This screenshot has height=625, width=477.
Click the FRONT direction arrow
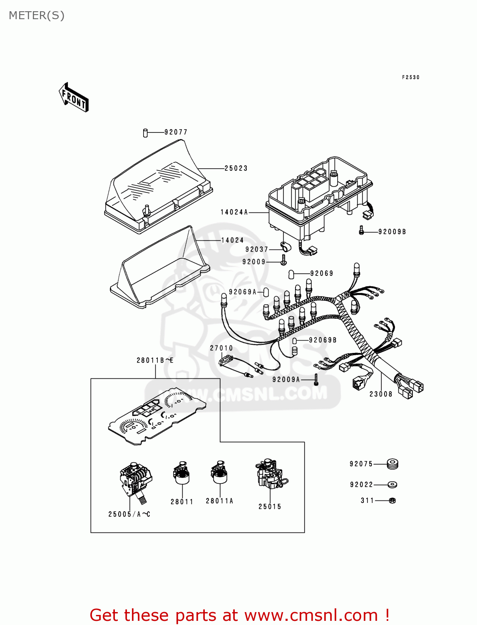(74, 97)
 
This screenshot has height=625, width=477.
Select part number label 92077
(176, 132)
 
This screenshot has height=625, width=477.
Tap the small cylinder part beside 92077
(145, 133)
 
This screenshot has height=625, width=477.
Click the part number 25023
(236, 168)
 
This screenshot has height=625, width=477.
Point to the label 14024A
(234, 212)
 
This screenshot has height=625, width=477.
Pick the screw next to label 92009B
(361, 230)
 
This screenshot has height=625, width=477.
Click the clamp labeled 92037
(286, 247)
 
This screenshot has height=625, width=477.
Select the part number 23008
(381, 394)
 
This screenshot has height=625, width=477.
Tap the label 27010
(221, 348)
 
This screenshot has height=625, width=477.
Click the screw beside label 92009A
(316, 379)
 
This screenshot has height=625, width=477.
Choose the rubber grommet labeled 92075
(392, 464)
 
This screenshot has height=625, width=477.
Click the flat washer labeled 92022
(392, 485)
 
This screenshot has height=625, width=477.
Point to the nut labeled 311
(392, 500)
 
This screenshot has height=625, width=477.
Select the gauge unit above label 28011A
(219, 473)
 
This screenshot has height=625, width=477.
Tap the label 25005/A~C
(129, 514)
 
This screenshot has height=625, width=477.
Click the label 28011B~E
(155, 360)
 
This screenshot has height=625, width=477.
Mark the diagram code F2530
(411, 77)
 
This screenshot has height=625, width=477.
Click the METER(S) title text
(37, 15)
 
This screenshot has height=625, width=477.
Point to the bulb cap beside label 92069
(291, 274)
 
